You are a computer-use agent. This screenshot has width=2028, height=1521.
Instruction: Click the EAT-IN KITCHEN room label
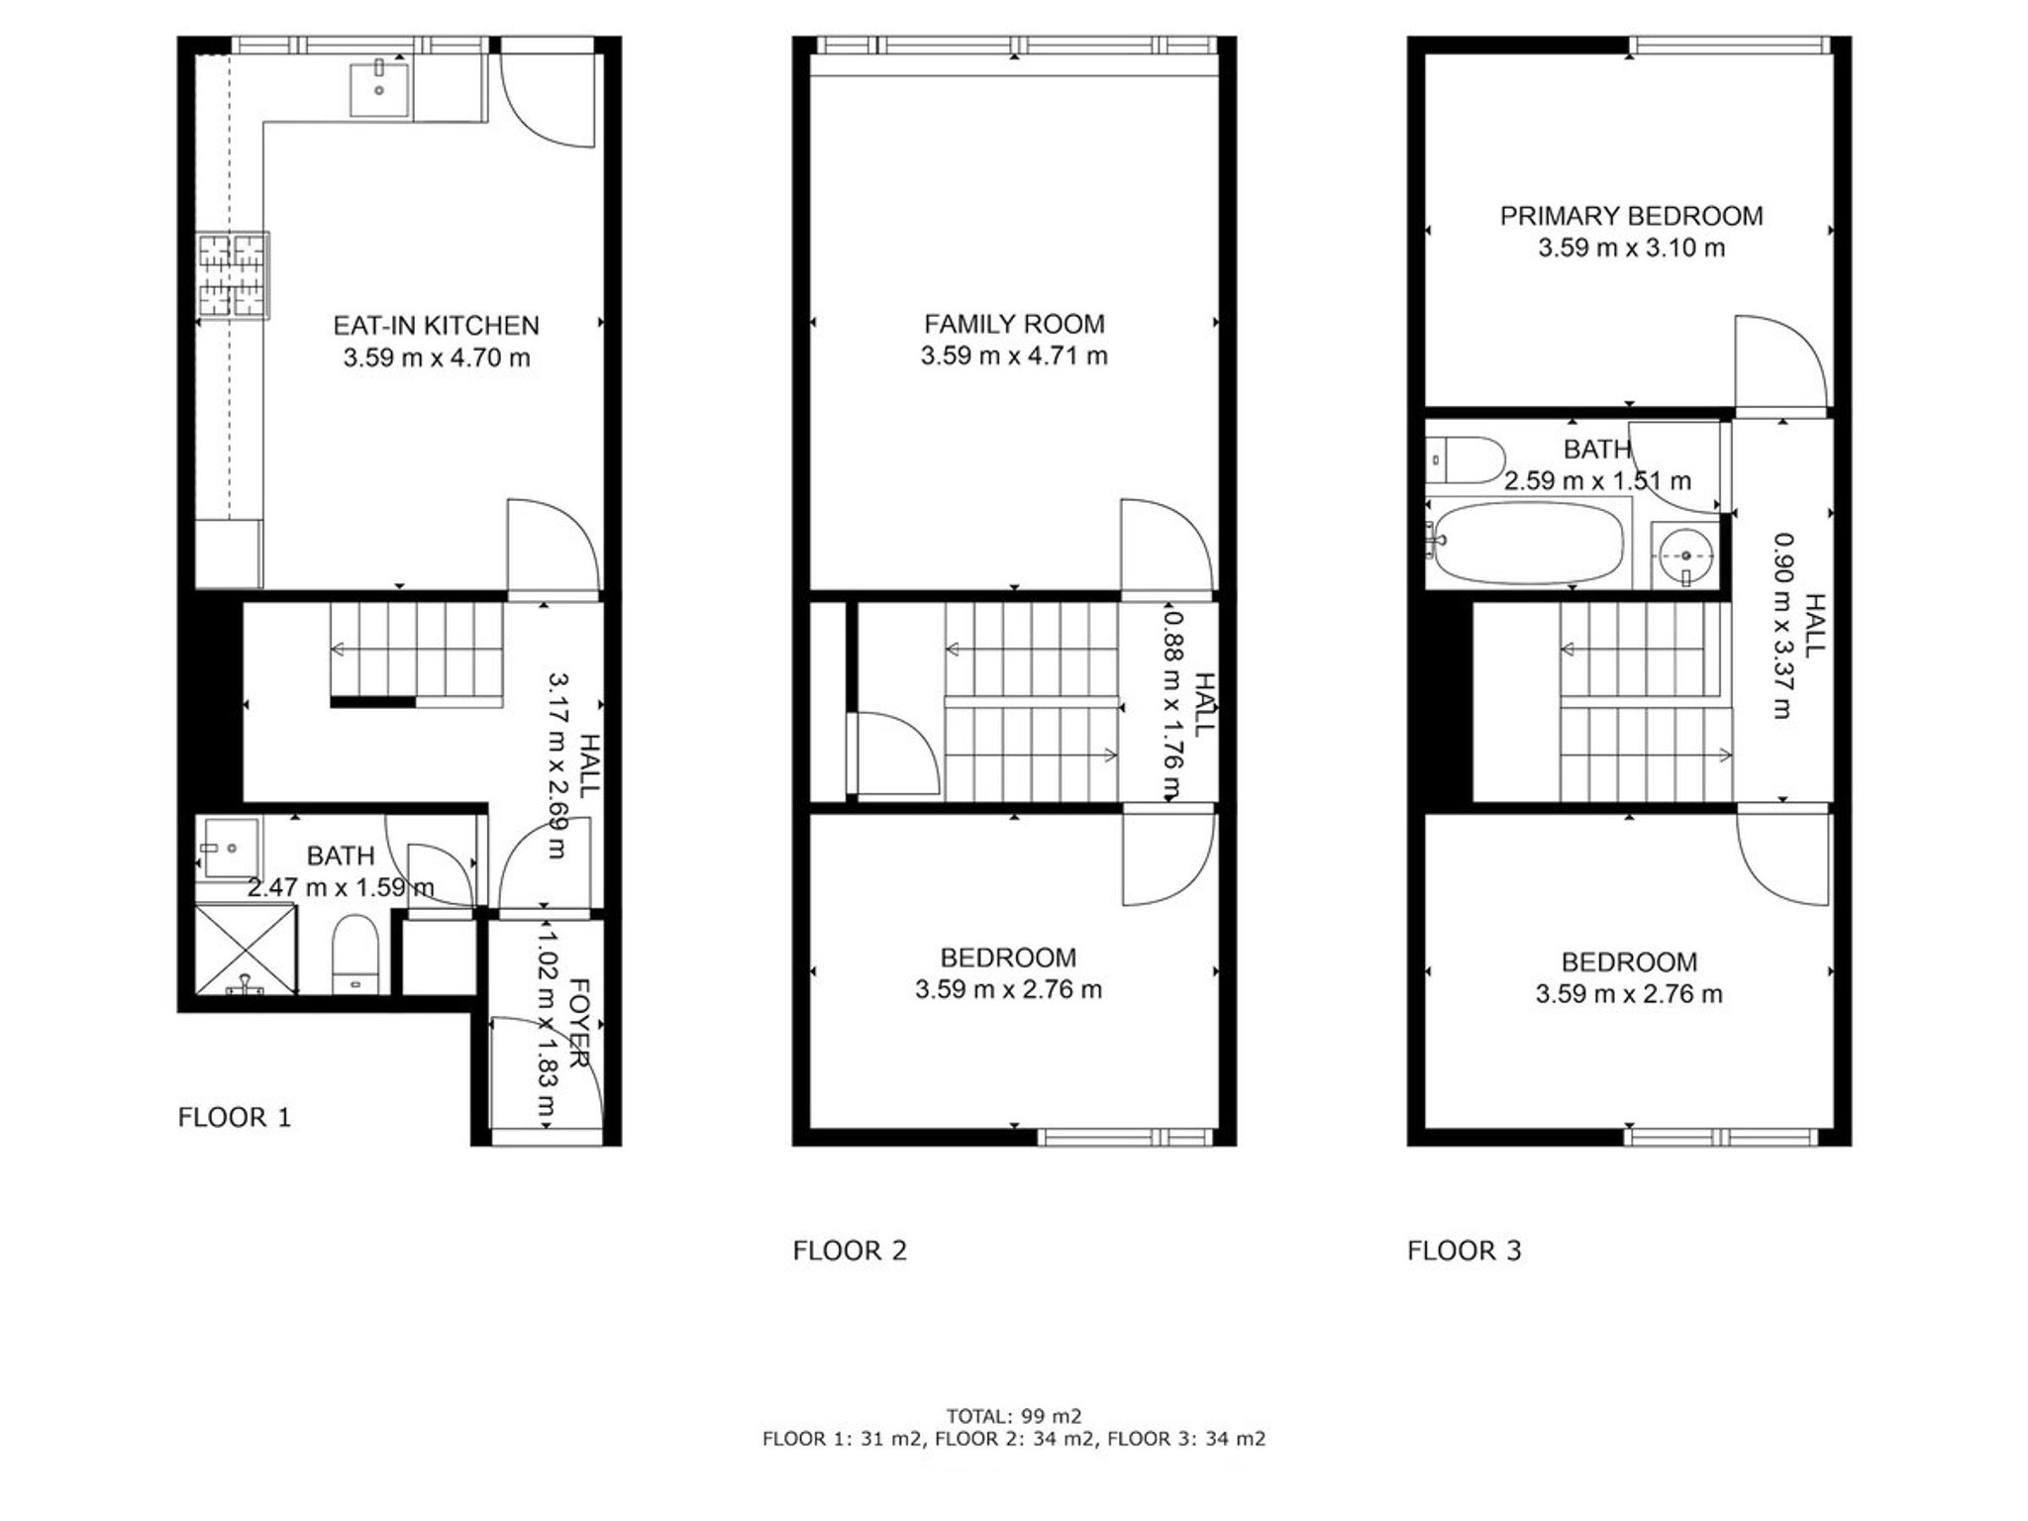(436, 326)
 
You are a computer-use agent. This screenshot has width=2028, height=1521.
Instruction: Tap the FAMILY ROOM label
(1014, 324)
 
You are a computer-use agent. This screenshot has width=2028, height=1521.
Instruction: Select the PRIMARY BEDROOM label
(1631, 216)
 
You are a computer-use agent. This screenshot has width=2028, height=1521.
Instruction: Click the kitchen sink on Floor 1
(379, 88)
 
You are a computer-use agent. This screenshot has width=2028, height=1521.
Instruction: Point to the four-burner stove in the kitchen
(233, 275)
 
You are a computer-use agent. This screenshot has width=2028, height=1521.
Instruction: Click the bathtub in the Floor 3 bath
(1529, 543)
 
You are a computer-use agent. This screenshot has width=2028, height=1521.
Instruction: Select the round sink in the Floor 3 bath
(1685, 557)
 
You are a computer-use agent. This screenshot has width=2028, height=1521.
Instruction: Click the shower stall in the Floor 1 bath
(246, 949)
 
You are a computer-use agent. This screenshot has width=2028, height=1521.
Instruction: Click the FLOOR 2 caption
(850, 1251)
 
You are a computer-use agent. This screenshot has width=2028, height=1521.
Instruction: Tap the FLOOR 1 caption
(235, 1118)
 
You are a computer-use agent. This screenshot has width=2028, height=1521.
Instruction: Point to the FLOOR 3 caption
(1464, 1251)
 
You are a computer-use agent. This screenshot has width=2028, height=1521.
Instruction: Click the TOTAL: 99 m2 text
(1014, 1416)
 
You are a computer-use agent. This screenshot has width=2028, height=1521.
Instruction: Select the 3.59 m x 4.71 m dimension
(1014, 355)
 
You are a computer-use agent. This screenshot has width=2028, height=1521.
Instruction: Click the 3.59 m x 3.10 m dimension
(1631, 248)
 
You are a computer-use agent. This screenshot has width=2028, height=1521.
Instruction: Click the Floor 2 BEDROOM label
(1008, 958)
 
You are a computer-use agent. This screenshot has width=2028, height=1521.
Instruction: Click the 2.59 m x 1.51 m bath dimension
(1597, 481)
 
